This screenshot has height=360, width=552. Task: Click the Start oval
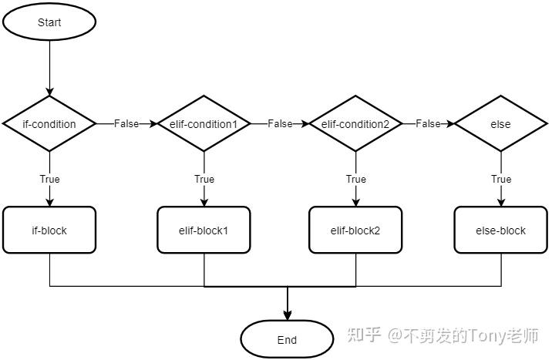[49, 22]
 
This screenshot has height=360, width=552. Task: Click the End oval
[287, 339]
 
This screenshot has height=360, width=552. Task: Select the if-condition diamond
[49, 123]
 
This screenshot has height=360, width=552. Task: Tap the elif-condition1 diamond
[204, 123]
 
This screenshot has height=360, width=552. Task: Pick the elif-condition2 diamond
[355, 123]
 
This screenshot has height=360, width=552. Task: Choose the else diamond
[500, 123]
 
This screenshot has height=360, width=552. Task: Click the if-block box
[49, 230]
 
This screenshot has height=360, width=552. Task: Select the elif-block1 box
[204, 230]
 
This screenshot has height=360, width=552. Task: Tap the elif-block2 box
[355, 230]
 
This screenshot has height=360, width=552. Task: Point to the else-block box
[500, 230]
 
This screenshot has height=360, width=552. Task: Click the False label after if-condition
[126, 123]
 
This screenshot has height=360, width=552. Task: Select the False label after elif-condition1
[280, 123]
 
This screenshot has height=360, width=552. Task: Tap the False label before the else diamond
[428, 123]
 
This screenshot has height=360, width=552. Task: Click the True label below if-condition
[49, 179]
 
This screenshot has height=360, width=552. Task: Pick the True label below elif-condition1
[204, 179]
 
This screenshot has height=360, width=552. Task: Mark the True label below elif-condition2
[355, 179]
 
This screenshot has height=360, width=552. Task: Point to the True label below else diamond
[500, 179]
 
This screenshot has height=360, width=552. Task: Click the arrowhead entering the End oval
[288, 315]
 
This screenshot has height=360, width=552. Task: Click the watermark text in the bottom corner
[443, 335]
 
